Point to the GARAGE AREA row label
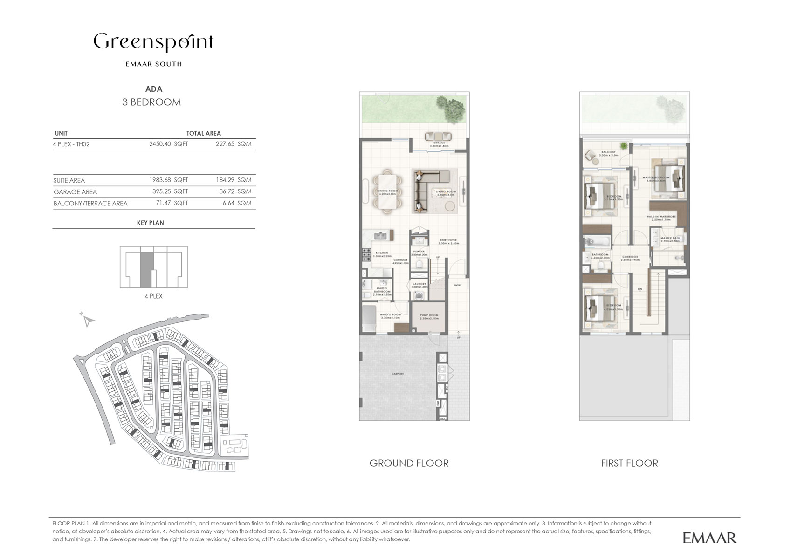point(75,192)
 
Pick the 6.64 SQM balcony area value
point(237,204)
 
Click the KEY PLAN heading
point(150,223)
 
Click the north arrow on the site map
point(88,320)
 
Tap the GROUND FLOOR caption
point(409,463)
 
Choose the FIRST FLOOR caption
point(629,463)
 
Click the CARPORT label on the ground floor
point(398,374)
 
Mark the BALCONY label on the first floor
point(609,153)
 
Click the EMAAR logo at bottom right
point(709,538)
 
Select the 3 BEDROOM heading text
point(151,102)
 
